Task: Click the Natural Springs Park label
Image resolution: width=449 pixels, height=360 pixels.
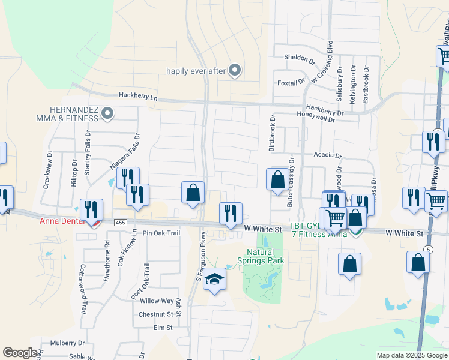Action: (264, 256)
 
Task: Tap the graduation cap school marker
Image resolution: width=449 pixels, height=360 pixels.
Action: (214, 280)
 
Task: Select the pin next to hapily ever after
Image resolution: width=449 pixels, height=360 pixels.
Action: (235, 71)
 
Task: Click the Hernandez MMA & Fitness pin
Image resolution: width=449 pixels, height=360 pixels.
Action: (108, 113)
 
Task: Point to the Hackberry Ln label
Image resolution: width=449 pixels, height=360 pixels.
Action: (137, 95)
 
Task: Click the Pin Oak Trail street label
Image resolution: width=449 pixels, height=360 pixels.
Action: (161, 233)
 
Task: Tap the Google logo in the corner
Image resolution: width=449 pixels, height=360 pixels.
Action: (20, 353)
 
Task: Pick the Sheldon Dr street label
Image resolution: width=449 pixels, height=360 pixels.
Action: (299, 60)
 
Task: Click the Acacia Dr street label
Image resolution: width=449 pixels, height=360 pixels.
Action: (327, 155)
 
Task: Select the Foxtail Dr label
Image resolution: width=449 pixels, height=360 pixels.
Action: (287, 82)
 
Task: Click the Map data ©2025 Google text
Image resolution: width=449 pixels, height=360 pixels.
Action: (411, 355)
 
